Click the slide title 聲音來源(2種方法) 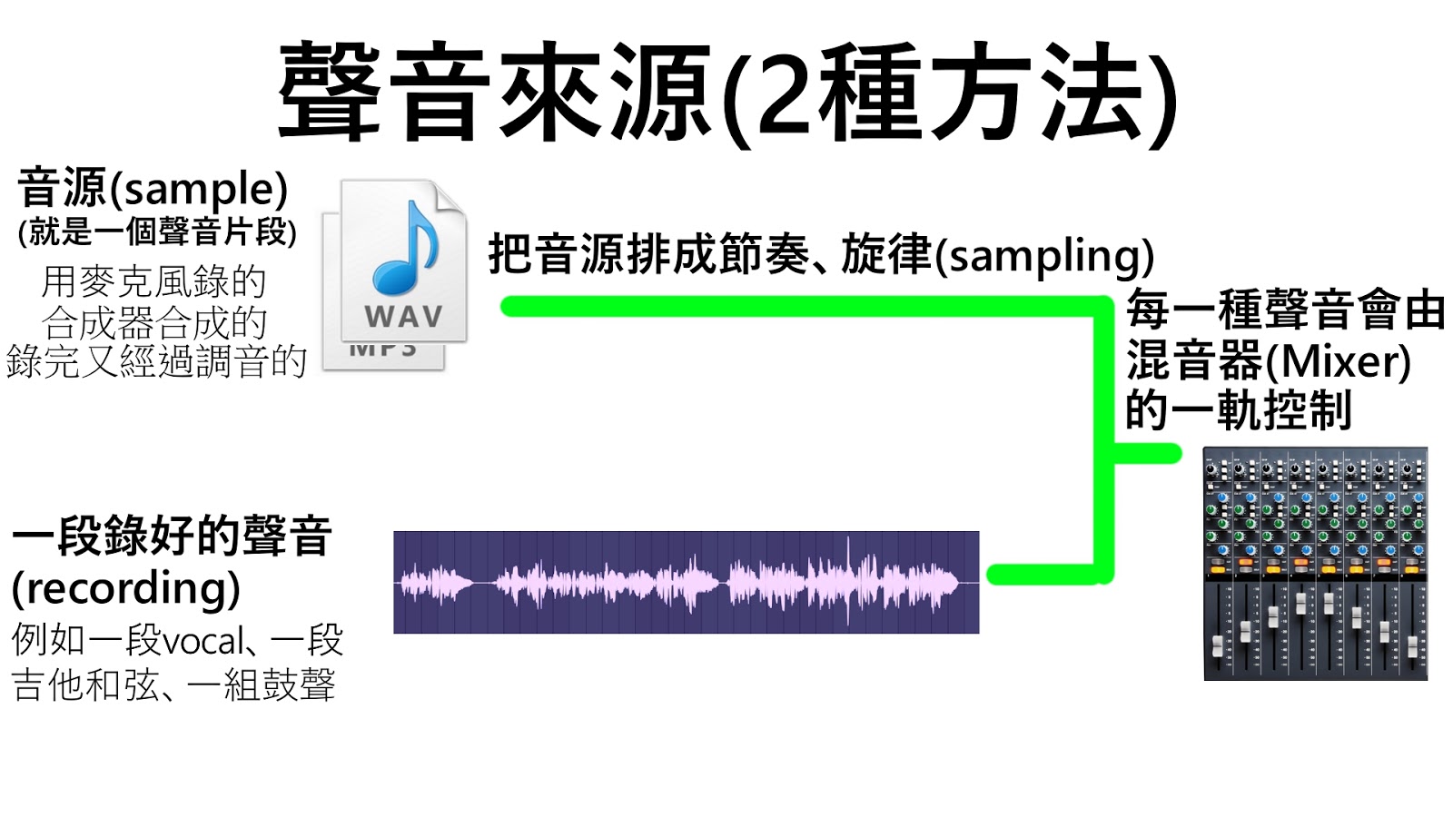[x=726, y=93]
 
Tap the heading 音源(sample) [x=153, y=189]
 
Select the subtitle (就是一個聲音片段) [x=157, y=232]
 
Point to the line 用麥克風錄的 [x=153, y=282]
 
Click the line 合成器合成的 [x=153, y=322]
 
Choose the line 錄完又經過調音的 [x=156, y=361]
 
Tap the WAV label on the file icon [x=403, y=317]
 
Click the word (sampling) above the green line [x=1045, y=255]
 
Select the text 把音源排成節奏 [x=648, y=254]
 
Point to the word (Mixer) [x=1339, y=361]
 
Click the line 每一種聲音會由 [x=1285, y=310]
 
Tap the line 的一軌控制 [x=1239, y=410]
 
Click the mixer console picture [x=1315, y=563]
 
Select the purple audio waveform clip [x=686, y=582]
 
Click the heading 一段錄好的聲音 [x=172, y=536]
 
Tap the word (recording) [x=126, y=587]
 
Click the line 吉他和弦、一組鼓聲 [x=173, y=684]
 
